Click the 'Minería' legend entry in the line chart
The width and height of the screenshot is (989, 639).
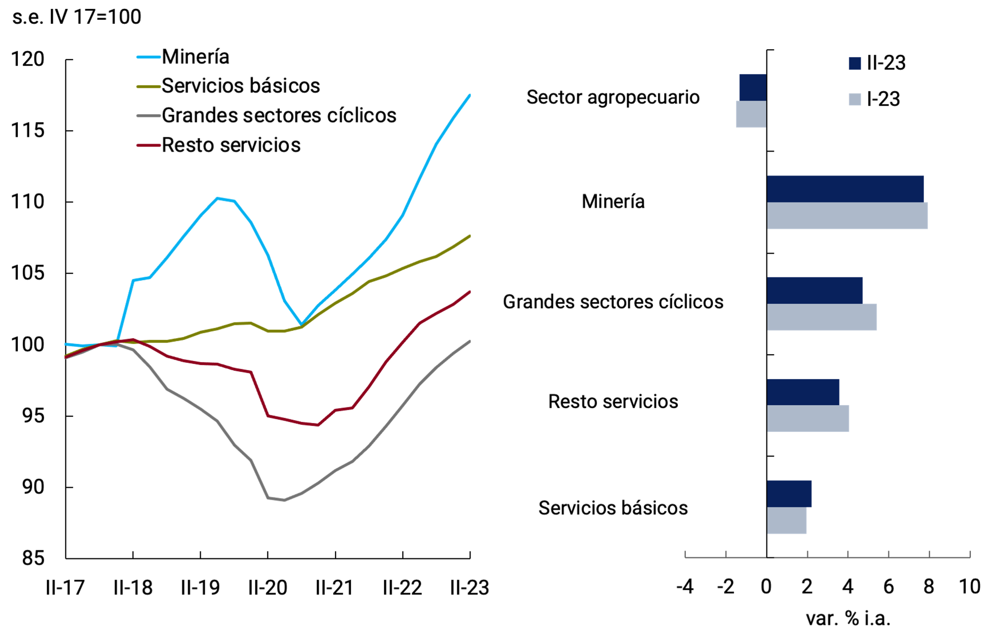point(195,57)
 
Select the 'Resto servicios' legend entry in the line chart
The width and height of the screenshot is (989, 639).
point(231,145)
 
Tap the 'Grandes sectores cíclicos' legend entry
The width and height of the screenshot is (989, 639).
point(279,115)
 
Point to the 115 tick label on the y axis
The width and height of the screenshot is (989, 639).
point(28,131)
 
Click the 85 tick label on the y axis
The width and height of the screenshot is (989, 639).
point(33,558)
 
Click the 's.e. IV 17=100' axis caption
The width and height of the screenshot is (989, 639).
point(77,17)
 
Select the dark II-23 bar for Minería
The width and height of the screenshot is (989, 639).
point(845,189)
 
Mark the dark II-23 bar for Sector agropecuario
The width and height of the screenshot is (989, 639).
point(753,87)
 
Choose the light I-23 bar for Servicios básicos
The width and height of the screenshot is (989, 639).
point(787,521)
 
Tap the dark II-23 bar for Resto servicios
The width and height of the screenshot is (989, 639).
point(803,392)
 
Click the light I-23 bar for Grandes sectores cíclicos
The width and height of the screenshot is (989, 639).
point(822,317)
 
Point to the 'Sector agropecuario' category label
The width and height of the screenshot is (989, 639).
point(613,98)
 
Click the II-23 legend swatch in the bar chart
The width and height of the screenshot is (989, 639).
point(855,63)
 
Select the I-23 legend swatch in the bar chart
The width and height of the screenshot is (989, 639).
point(855,100)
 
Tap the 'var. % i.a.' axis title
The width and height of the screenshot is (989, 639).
point(848,619)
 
